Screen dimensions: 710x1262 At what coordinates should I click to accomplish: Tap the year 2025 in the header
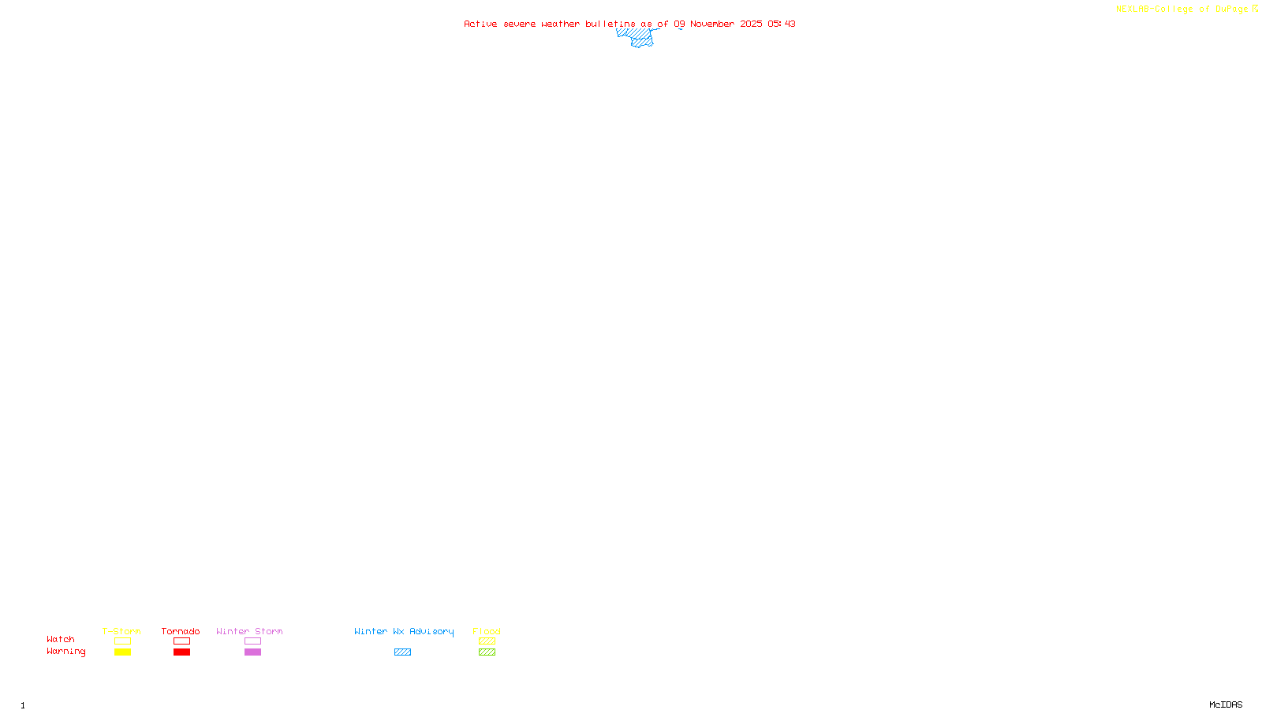click(x=751, y=24)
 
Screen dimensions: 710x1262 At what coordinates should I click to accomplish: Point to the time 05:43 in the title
click(x=782, y=24)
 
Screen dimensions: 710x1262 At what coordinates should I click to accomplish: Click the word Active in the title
click(x=480, y=24)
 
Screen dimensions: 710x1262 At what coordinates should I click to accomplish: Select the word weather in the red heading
click(x=560, y=24)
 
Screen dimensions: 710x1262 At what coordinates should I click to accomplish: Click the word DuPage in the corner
click(x=1231, y=9)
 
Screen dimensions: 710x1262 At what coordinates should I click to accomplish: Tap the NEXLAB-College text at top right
click(x=1154, y=9)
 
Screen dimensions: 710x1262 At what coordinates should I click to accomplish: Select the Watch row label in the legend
click(x=61, y=639)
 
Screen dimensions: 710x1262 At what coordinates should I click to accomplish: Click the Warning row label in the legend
click(x=65, y=652)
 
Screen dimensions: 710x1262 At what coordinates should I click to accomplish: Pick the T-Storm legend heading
click(x=121, y=631)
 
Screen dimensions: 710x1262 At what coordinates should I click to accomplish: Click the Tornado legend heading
click(x=181, y=631)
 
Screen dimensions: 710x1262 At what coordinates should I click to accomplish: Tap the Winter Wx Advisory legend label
click(x=404, y=631)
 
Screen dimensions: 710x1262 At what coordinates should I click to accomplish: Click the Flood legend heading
click(x=487, y=631)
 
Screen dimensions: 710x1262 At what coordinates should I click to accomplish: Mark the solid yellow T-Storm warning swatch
click(x=122, y=652)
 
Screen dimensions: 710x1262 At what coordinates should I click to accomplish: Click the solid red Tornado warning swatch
click(x=181, y=652)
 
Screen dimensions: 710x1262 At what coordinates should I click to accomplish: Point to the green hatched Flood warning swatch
click(x=487, y=652)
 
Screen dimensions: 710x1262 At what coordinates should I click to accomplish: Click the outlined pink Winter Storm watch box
click(x=252, y=641)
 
